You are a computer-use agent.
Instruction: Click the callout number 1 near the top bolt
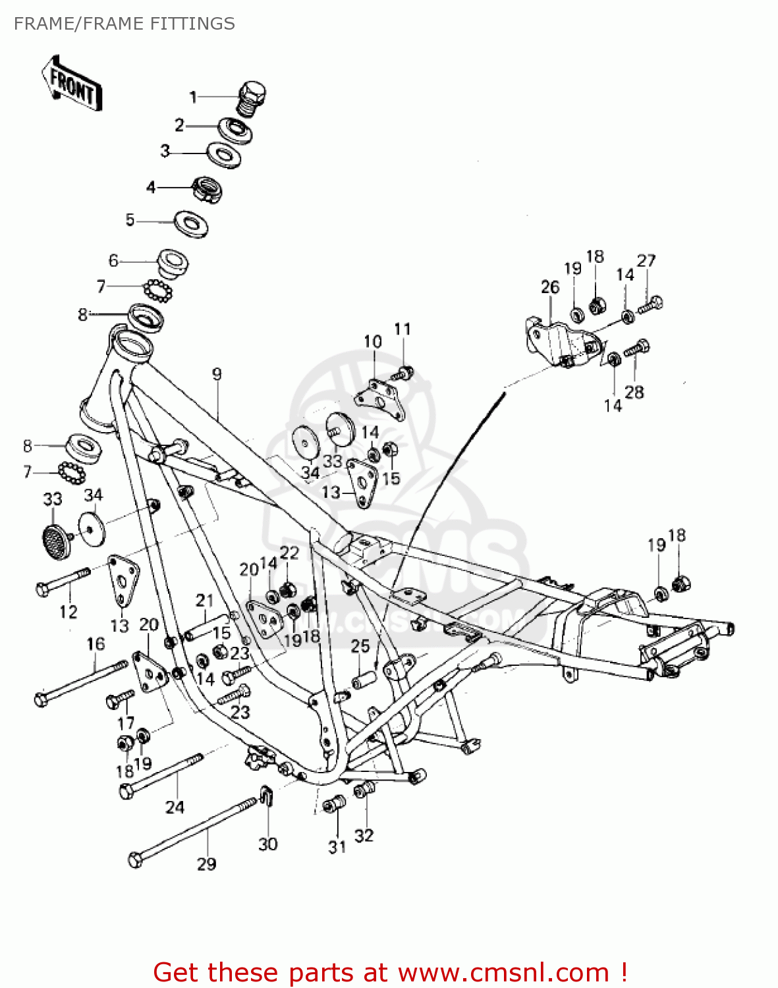click(x=193, y=97)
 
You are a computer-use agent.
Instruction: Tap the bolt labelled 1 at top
click(x=252, y=98)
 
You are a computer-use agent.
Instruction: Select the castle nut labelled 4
click(x=207, y=190)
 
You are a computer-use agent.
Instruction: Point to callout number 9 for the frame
click(x=217, y=374)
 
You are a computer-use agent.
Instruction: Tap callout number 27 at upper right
click(x=646, y=261)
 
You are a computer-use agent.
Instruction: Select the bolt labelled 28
click(x=637, y=347)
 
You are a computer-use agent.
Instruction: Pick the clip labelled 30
click(x=267, y=797)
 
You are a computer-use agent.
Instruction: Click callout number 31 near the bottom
click(x=337, y=847)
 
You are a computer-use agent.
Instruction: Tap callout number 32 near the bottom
click(x=364, y=835)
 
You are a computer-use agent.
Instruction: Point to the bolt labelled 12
click(x=63, y=580)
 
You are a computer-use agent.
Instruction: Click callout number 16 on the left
click(x=96, y=644)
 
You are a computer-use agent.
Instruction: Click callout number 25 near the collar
click(x=360, y=646)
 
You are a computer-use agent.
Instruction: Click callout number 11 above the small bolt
click(x=403, y=329)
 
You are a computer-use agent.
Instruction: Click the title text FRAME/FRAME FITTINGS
click(x=125, y=24)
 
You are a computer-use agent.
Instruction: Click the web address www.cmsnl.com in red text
click(x=504, y=972)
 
